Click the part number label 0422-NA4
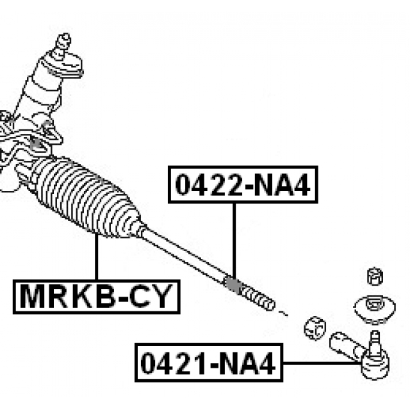point(243,184)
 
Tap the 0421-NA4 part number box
point(208,364)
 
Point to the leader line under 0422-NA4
point(234,237)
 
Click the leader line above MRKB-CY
point(96,256)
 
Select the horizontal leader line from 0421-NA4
point(320,364)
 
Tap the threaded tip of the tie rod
point(259,298)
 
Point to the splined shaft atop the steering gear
point(62,45)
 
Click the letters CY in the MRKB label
point(152,297)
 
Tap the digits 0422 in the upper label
point(207,184)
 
